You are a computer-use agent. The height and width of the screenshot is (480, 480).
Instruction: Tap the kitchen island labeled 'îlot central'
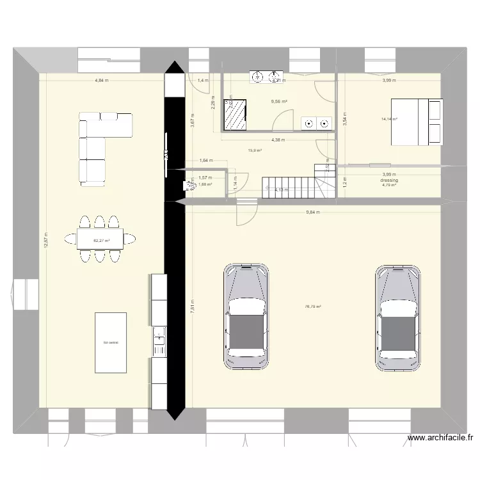pos(111,342)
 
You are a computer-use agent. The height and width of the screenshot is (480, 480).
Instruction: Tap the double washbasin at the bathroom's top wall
pos(268,77)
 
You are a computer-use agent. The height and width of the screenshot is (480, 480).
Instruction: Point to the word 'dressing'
pos(388,180)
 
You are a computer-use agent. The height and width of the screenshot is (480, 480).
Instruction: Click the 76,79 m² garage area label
pos(313,307)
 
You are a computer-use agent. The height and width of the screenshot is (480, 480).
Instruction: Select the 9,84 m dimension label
pos(313,212)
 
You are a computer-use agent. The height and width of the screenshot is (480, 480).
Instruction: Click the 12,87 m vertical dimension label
pos(45,241)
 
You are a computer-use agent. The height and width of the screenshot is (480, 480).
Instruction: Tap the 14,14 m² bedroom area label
pos(389,119)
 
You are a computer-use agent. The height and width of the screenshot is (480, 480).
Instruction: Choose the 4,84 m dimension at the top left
pos(101,81)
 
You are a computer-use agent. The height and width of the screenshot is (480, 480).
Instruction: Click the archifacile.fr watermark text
pos(442,438)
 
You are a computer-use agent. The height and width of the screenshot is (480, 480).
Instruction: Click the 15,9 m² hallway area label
pos(255,150)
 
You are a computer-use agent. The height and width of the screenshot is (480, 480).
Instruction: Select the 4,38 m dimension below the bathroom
pos(278,140)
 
